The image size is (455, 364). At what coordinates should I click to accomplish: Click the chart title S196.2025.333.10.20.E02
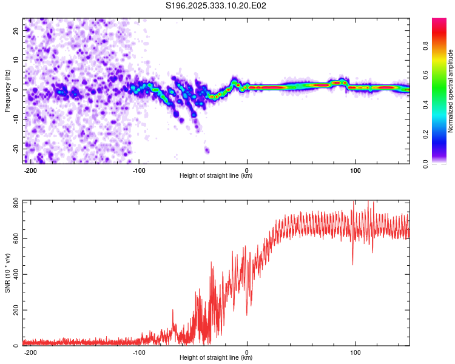[217, 6]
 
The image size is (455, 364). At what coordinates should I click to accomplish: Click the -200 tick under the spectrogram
[30, 170]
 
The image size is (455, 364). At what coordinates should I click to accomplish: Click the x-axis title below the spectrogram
[216, 176]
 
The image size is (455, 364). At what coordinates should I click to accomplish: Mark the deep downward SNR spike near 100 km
[352, 264]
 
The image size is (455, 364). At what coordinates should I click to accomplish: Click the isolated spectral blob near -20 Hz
[207, 150]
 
